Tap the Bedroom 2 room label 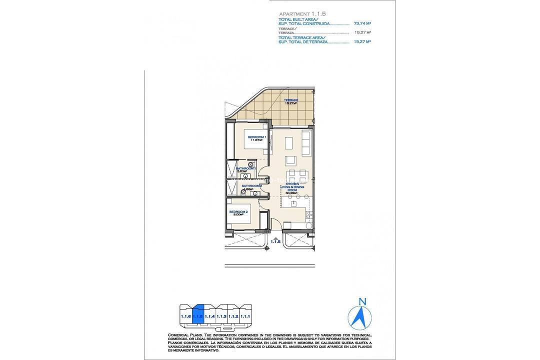[238, 213]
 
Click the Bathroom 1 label [245, 169]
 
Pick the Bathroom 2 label [251, 186]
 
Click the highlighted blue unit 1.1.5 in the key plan [198, 315]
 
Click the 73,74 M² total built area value [361, 23]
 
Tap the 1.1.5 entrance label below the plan [274, 242]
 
